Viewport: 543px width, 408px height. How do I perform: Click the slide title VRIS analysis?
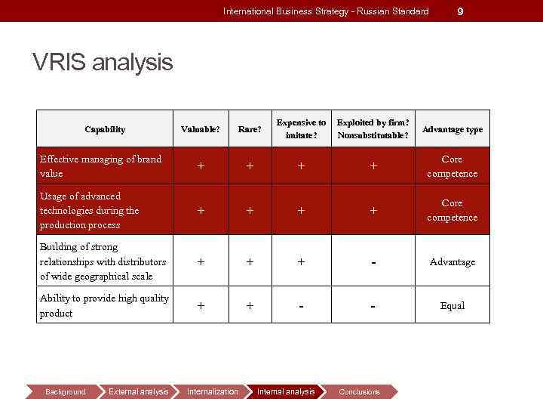point(103,62)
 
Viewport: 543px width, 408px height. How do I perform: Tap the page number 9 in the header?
point(461,11)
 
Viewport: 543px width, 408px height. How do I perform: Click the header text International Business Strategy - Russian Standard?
point(326,11)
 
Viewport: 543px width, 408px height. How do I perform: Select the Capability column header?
point(105,129)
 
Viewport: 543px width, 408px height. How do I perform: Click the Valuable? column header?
point(201,129)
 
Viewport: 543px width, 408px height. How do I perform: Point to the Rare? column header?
point(250,129)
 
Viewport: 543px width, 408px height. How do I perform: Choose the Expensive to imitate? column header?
point(301,129)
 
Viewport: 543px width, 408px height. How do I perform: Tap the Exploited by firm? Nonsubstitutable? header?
point(373,129)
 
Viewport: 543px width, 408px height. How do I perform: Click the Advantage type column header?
point(452,129)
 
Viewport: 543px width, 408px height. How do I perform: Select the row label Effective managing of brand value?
point(100,166)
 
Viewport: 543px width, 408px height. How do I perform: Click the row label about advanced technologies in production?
point(90,210)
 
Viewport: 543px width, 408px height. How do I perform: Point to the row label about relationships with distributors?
point(103,261)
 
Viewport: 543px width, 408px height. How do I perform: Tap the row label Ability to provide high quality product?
point(104,305)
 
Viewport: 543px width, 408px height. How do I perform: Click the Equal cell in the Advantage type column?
point(452,306)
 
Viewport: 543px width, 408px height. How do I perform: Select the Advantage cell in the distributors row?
point(452,262)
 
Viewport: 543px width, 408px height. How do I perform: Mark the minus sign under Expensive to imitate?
point(301,306)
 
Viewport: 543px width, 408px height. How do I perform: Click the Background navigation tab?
point(66,391)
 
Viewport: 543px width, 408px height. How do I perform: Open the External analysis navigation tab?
point(138,391)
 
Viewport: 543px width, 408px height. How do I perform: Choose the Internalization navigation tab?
point(212,391)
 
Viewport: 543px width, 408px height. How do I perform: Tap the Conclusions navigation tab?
point(359,391)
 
